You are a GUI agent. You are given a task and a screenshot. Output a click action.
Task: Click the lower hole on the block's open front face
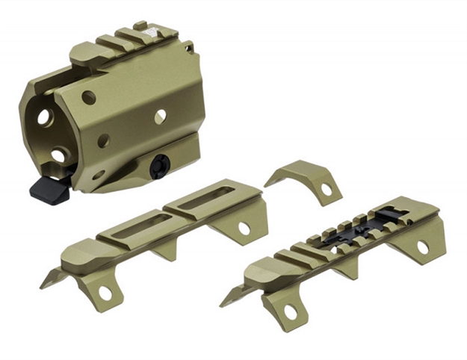[x=58, y=155]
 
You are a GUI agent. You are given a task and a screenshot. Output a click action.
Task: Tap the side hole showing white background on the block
[x=160, y=116]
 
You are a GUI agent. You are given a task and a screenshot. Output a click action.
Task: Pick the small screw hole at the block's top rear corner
[x=190, y=49]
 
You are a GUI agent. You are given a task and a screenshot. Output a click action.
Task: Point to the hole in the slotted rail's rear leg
[x=244, y=227]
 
